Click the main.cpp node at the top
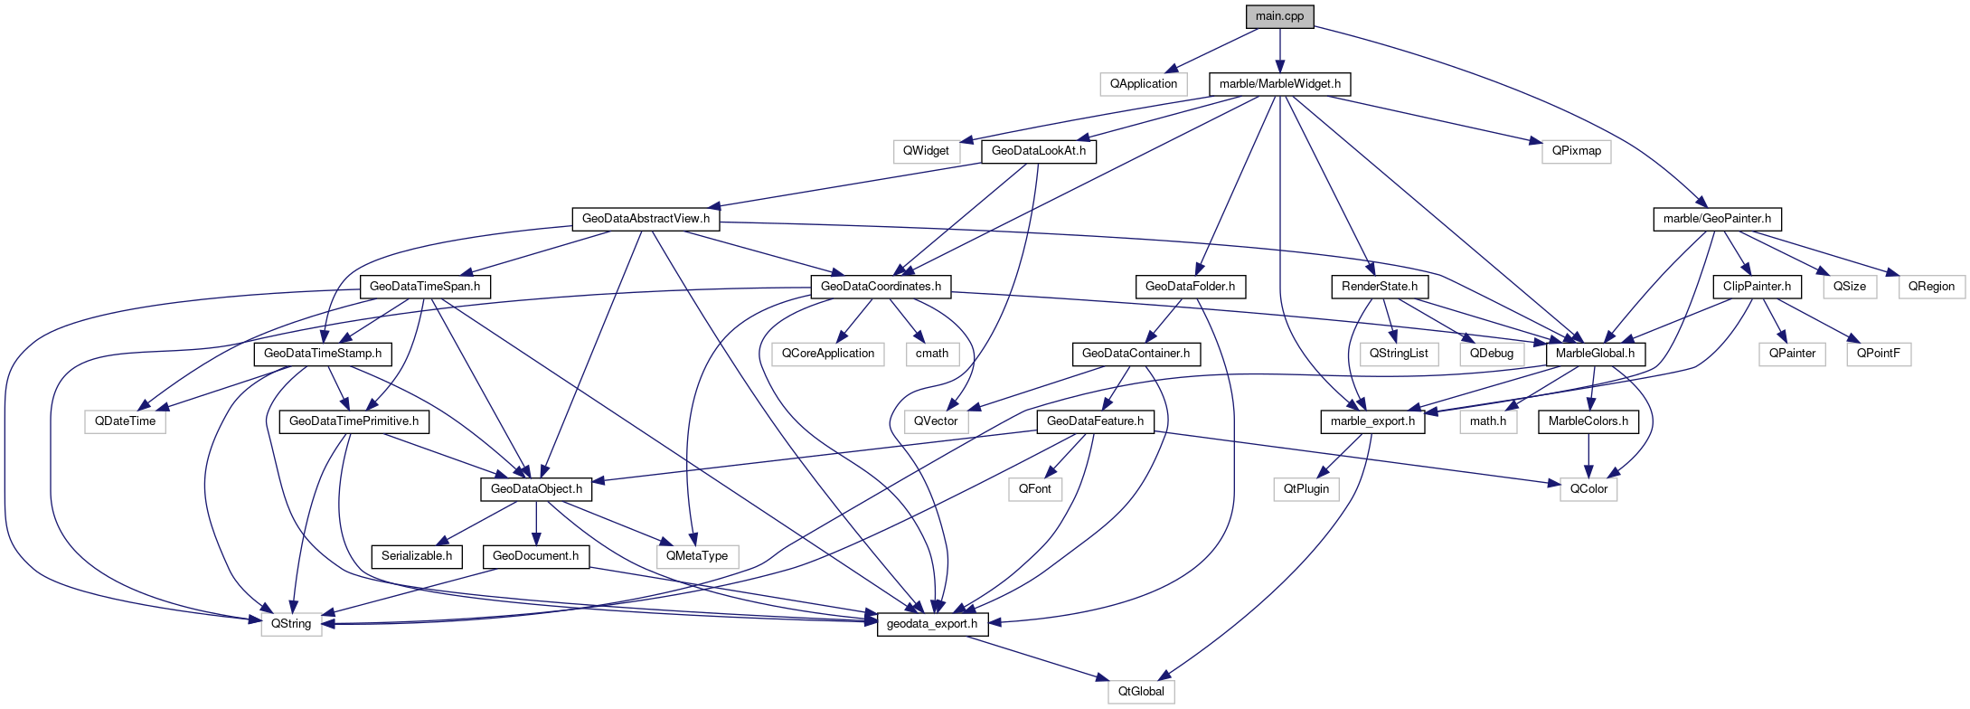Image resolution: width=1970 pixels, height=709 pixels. point(1279,16)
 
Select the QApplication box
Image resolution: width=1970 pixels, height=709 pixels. point(1144,84)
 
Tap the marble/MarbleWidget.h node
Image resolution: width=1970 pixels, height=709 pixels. point(1279,84)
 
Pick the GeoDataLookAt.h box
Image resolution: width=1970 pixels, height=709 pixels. point(1039,151)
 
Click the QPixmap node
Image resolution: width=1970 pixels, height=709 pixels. point(1576,151)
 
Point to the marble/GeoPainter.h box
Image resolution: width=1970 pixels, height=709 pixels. point(1717,219)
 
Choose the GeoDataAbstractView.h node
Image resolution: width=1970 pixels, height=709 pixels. point(646,219)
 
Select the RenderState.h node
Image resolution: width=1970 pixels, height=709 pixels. point(1379,287)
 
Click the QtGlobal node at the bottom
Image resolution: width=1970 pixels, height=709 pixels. point(1141,692)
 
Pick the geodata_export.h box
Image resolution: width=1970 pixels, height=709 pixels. point(932,624)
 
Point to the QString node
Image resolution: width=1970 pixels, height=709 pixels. point(291,624)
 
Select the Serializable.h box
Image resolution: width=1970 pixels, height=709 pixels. point(417,556)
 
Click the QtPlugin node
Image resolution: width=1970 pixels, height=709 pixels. point(1306,489)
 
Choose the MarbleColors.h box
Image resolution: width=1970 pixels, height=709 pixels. point(1588,421)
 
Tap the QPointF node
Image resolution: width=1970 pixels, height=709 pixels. point(1878,354)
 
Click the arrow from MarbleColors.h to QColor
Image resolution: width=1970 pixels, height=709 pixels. point(1588,455)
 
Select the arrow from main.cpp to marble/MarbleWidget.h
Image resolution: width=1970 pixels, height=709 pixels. point(1279,50)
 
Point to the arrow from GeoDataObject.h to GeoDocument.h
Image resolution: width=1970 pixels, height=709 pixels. point(536,523)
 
